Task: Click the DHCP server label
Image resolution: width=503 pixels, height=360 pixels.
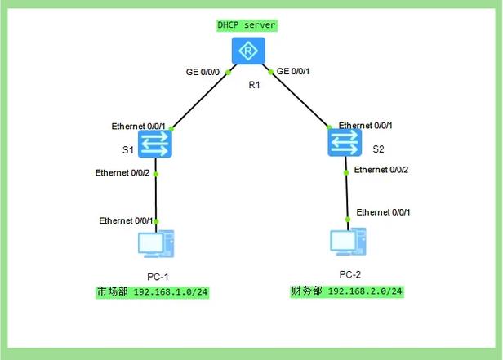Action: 247,25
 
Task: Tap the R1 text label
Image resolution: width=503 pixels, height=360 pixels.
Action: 254,84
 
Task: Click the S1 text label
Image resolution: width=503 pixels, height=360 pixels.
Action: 127,149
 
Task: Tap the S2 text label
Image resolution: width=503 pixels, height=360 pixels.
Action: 378,149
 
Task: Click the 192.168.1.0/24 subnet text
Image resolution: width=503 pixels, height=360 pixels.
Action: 171,291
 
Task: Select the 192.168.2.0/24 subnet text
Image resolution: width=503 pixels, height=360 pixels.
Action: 366,291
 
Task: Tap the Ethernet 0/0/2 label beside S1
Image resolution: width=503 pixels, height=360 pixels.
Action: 124,173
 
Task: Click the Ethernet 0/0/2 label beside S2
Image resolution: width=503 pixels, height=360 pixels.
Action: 381,170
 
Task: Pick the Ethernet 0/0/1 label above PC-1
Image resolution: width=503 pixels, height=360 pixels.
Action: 127,221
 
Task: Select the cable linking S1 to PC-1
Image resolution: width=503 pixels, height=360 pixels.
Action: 156,198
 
